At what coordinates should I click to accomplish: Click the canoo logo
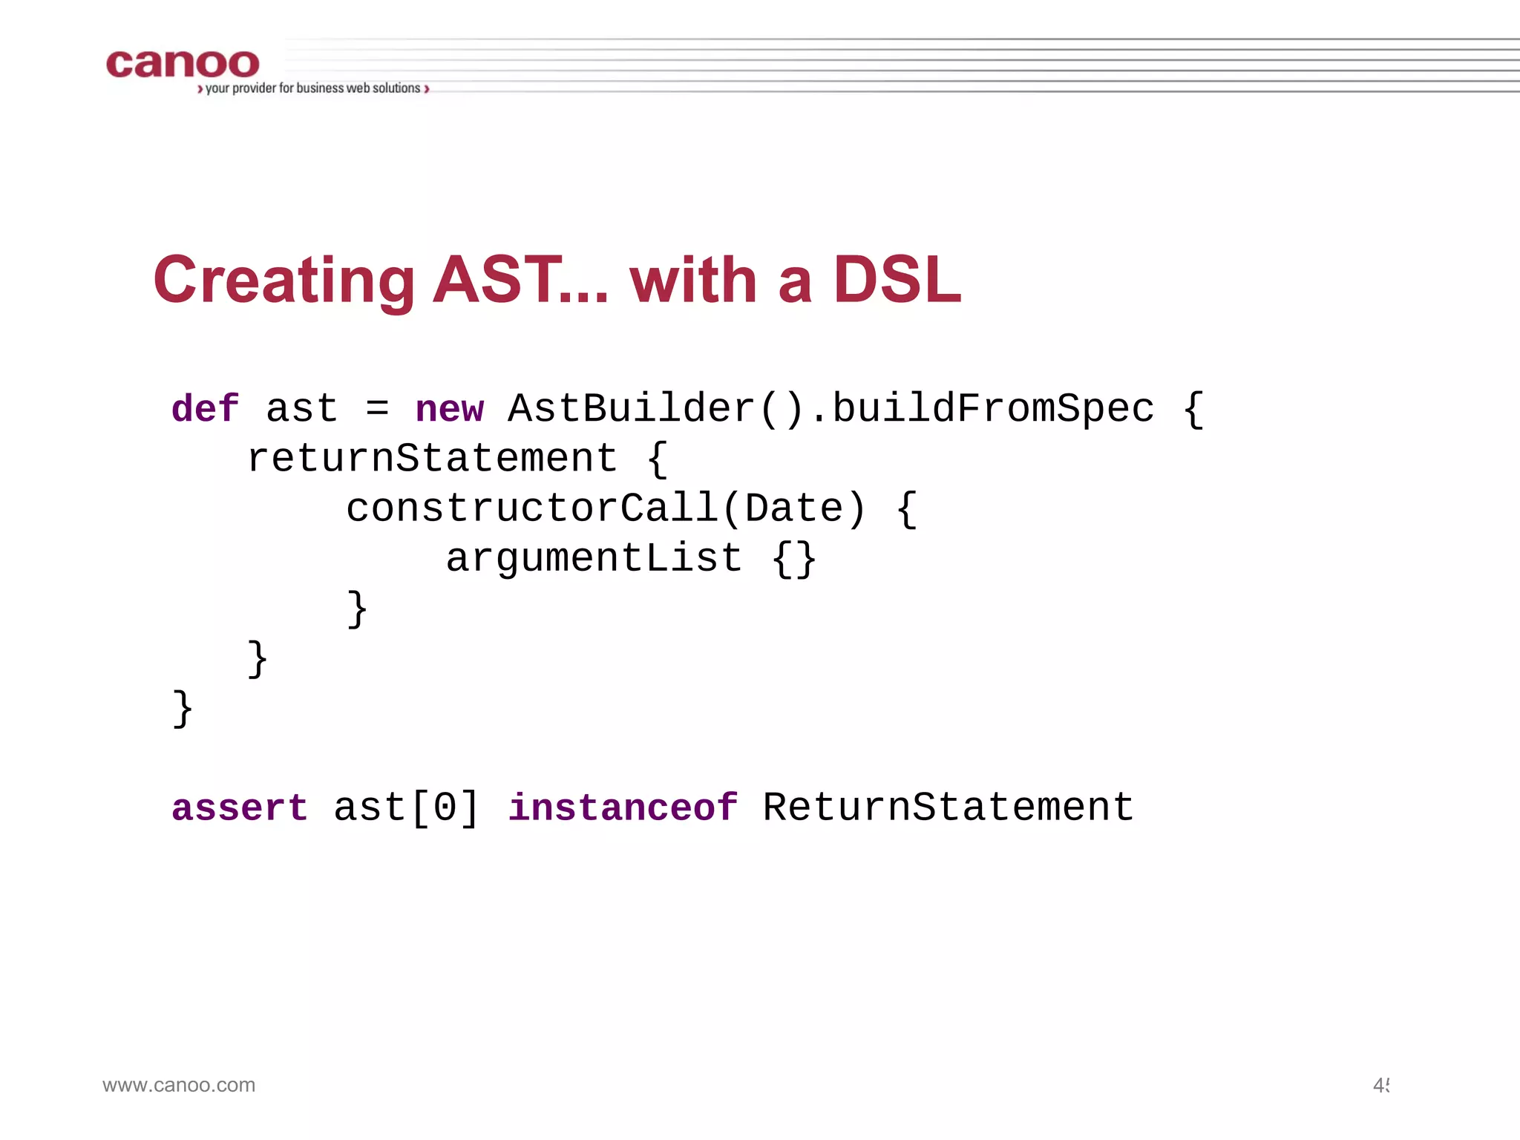click(183, 65)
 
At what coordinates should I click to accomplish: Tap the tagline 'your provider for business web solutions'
click(312, 88)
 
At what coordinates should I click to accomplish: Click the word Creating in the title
click(284, 281)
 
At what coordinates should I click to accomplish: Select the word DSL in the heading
click(897, 280)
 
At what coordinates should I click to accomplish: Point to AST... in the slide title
click(520, 280)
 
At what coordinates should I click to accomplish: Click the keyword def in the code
click(205, 409)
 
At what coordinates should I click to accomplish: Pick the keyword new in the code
click(449, 409)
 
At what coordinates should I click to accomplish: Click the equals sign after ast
click(377, 409)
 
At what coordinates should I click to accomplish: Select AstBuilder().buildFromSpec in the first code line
click(831, 409)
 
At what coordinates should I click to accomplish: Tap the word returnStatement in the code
click(432, 459)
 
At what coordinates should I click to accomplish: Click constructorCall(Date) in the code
click(606, 509)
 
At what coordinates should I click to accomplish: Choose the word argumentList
click(593, 558)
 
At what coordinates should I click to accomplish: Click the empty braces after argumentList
click(794, 559)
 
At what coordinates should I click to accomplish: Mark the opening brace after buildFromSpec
click(1193, 410)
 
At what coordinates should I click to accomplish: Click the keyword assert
click(239, 808)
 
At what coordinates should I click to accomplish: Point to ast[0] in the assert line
click(406, 808)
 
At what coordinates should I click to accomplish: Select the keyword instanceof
click(623, 808)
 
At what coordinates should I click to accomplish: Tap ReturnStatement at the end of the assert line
click(948, 808)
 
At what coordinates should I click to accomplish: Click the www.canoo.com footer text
click(179, 1085)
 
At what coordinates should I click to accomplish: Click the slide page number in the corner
click(1380, 1086)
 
